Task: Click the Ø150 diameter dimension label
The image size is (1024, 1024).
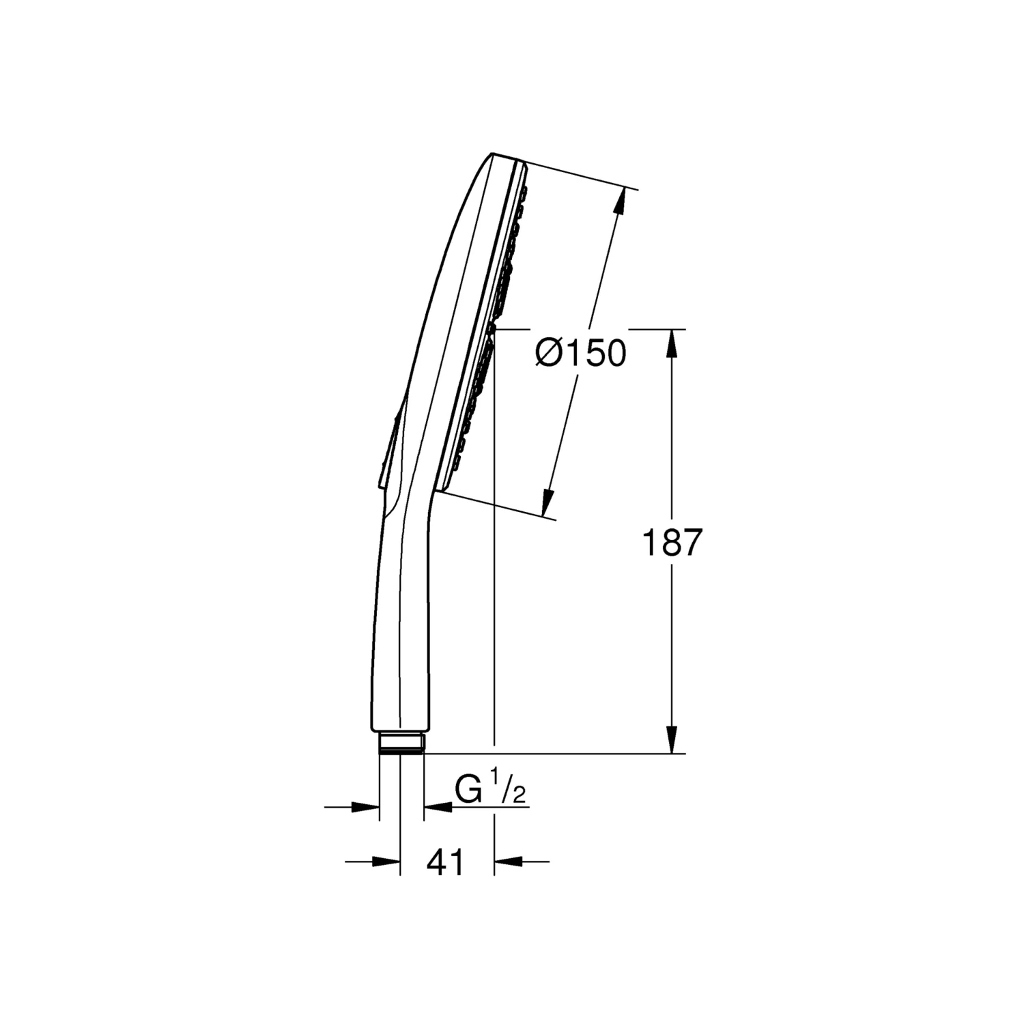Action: (x=581, y=354)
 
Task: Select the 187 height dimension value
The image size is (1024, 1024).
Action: (x=672, y=543)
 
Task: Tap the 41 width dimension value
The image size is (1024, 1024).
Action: (x=445, y=862)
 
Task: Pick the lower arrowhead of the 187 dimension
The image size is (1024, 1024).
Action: (x=672, y=740)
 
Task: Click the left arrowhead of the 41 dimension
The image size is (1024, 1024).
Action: (x=386, y=862)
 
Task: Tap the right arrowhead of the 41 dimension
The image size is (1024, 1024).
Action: (x=507, y=862)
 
